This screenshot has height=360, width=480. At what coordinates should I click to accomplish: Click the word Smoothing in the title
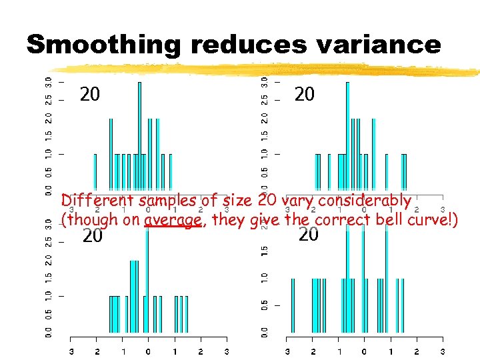[x=104, y=45]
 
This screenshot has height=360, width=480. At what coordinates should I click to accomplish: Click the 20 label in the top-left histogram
[x=90, y=95]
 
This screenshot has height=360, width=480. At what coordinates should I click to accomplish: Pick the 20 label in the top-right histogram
[x=304, y=95]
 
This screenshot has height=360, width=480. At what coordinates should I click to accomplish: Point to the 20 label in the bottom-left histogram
[x=92, y=235]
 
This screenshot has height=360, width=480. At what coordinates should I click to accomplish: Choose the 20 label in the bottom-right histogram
[x=308, y=234]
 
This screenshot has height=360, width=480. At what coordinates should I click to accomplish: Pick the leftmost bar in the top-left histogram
[x=95, y=172]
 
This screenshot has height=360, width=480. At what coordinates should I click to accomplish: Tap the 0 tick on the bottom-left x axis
[x=148, y=351]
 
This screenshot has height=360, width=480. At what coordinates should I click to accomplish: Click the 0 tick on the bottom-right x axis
[x=364, y=351]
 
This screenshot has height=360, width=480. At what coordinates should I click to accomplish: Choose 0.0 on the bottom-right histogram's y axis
[x=265, y=331]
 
